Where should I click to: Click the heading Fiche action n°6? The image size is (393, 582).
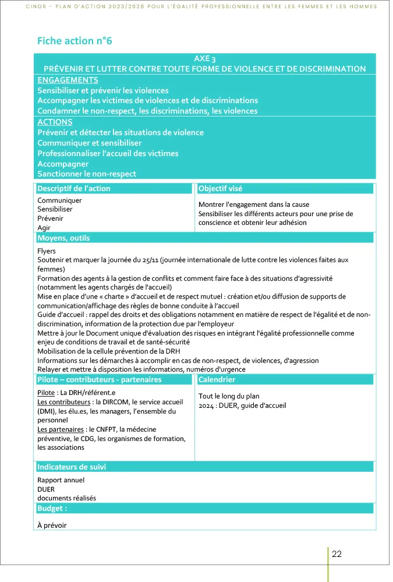pos(74,41)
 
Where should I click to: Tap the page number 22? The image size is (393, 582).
pos(337,554)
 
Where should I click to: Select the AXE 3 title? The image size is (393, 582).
pos(204,59)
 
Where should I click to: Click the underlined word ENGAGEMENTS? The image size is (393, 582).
pos(68,80)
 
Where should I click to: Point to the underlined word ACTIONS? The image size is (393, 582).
pos(55,122)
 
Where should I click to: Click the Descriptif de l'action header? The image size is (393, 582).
pos(73,188)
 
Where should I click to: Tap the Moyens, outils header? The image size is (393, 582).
pos(63,238)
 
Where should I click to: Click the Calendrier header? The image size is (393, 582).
pos(217,380)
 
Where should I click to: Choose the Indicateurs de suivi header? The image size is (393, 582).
pos(72,467)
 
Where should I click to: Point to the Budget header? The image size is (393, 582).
pos(52,508)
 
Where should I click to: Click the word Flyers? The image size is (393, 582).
pos(47,251)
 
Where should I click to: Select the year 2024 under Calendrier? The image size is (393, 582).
pos(207,405)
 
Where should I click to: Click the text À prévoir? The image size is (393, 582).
pos(52,525)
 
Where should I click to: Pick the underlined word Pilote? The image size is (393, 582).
pos(47,393)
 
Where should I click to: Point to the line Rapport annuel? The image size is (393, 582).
pos(61,480)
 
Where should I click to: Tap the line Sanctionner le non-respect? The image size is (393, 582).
pos(86,174)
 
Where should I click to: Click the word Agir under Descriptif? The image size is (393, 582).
pos(44,227)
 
